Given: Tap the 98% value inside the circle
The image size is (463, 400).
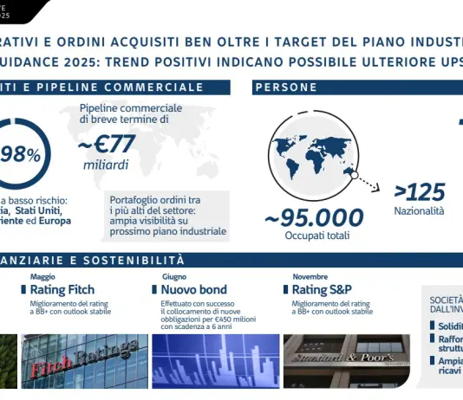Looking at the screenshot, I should pos(21,154).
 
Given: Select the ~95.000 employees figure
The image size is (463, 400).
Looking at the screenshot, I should pos(314,216).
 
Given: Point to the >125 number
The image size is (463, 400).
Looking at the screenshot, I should pos(420,191).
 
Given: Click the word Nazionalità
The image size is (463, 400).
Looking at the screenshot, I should pos(419,210).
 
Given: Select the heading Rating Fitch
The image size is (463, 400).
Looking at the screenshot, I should pos(62,289).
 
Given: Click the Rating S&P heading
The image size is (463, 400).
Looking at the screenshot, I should pos(322,289).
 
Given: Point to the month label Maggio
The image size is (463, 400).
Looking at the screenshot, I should pos(42,276).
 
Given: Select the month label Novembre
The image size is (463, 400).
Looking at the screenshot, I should pos(310,276).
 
